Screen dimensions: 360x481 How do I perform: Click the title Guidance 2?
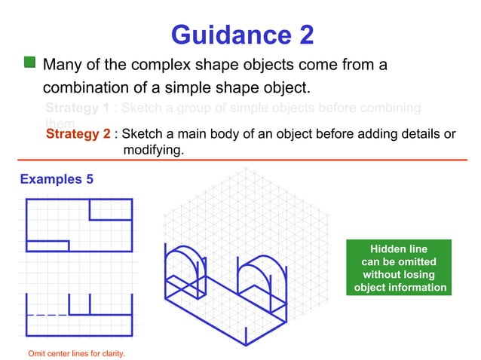241,35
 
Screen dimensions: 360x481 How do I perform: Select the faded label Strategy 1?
78,108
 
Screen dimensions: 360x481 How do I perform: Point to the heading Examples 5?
57,179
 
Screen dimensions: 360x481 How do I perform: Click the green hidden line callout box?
398,268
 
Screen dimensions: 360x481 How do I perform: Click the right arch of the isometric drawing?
256,274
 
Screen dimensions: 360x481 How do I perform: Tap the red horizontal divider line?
241,160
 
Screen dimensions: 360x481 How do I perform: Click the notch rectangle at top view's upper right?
110,209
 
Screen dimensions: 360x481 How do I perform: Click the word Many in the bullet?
63,64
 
